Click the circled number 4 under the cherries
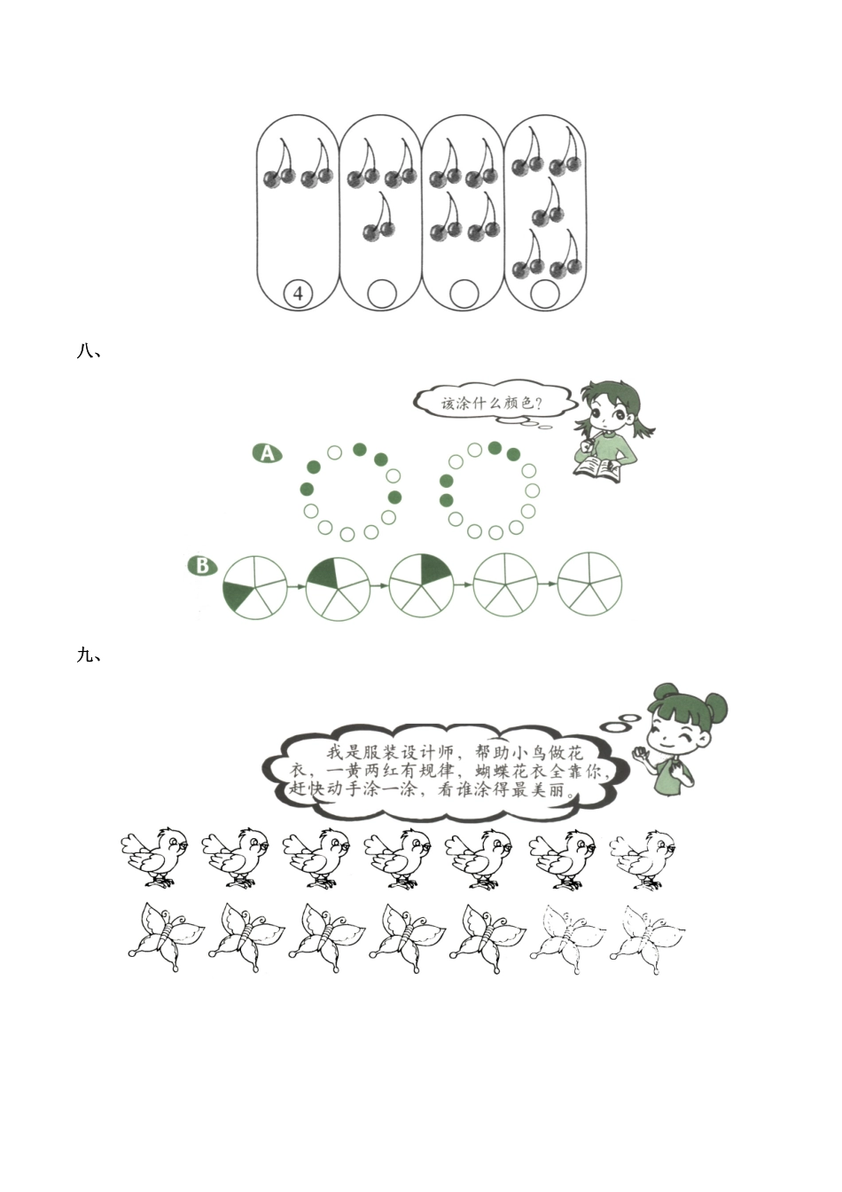(298, 294)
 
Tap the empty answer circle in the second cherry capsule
(382, 294)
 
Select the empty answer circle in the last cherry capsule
(545, 294)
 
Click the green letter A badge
(267, 453)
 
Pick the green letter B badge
(203, 565)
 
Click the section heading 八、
(89, 352)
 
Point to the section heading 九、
(89, 655)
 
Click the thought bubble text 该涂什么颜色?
(492, 403)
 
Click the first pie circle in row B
(254, 587)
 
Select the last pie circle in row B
(589, 584)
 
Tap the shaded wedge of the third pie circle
(434, 569)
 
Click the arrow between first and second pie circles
(296, 586)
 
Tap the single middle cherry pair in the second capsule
(378, 217)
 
